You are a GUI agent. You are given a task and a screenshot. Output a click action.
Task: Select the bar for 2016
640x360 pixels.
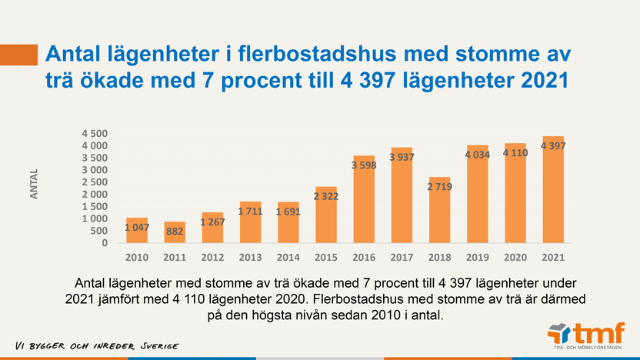pos(363,199)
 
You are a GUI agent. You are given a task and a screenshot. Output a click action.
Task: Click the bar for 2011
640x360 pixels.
pos(175,232)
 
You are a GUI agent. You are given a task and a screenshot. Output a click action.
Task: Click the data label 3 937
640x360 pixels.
pos(401,158)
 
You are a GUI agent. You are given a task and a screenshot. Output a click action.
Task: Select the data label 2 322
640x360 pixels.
pos(325,196)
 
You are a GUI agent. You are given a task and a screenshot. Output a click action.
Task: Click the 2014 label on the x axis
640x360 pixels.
pos(288,256)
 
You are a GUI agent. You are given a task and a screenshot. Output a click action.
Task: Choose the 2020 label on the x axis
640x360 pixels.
pos(515,256)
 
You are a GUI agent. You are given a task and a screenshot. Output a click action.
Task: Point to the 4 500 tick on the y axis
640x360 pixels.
pos(95,133)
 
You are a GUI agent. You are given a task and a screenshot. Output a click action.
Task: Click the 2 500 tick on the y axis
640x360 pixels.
pos(95,182)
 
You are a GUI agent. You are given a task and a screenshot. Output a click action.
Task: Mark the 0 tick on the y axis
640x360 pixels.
pos(105,243)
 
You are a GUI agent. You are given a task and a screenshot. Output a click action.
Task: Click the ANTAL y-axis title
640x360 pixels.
pos(35,185)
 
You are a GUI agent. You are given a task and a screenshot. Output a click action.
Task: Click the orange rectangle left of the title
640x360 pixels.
pos(19,55)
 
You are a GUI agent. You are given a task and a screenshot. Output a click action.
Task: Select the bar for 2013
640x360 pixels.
pos(250,222)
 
